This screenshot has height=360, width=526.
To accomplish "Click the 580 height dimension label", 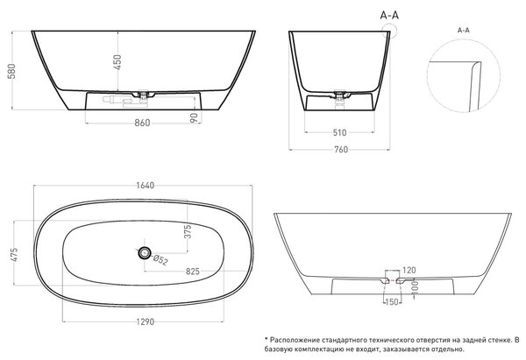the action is [x=11, y=71].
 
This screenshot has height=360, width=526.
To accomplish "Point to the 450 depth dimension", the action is [x=117, y=62].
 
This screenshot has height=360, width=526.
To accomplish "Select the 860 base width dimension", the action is [x=142, y=123].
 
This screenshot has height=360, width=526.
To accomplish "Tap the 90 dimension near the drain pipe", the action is [x=195, y=117].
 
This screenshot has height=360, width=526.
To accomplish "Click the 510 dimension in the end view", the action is [x=339, y=133].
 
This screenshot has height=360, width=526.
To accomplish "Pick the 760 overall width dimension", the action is [x=341, y=150].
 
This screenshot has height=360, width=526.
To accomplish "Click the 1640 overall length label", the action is [x=146, y=186].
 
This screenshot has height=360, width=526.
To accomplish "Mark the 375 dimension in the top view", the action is [x=188, y=231].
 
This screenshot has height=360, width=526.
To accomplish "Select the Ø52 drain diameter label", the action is [x=160, y=259].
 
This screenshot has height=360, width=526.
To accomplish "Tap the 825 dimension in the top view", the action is [x=193, y=272].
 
